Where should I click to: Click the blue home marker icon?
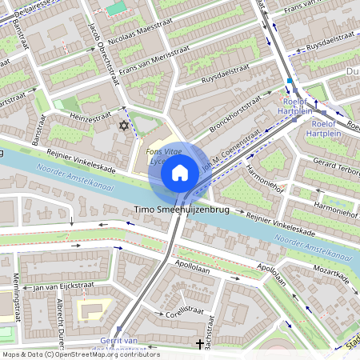180,172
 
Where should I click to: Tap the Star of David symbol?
123,126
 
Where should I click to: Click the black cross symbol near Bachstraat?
199,344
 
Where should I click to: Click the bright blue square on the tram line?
290,81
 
